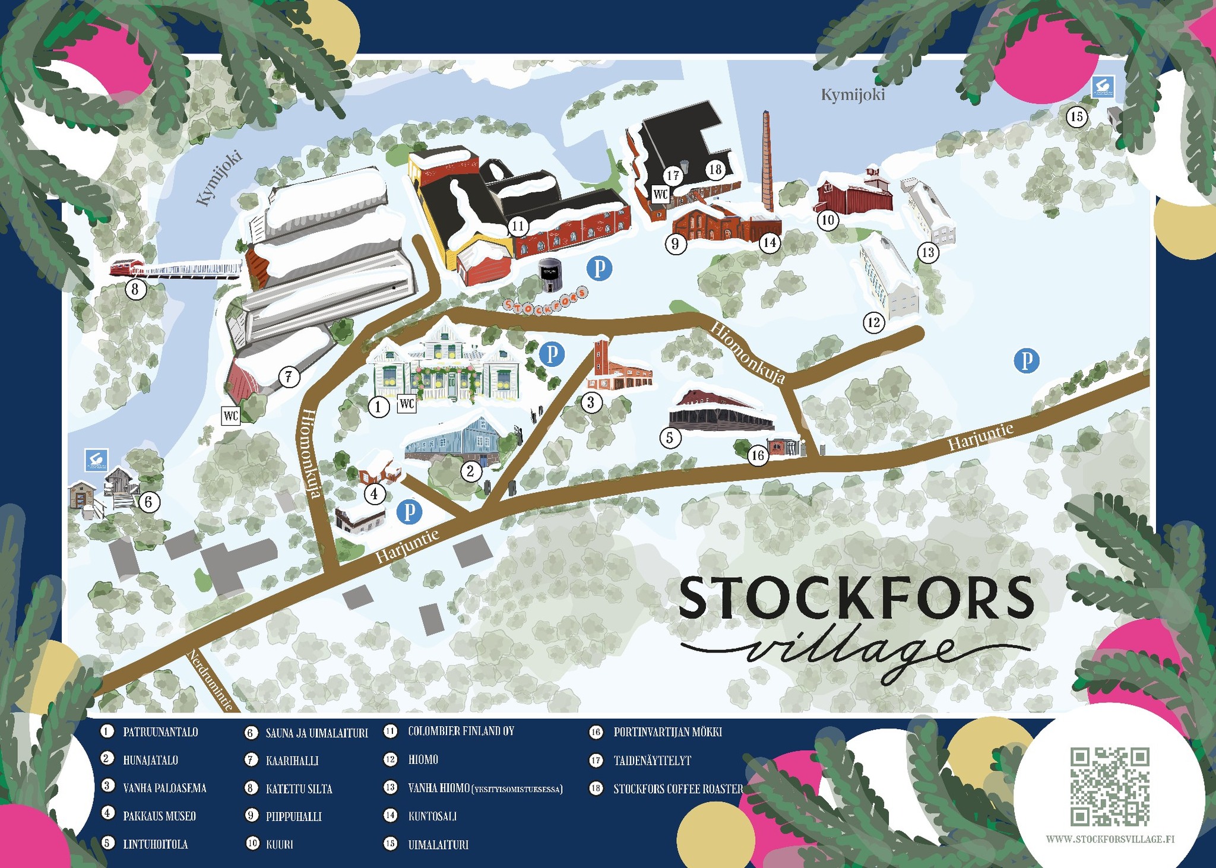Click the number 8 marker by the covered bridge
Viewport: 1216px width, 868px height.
pos(135,290)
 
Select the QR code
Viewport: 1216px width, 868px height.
pos(1110,786)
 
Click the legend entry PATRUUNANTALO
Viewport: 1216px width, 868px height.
pos(160,732)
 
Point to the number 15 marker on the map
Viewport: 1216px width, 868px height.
pos(1076,117)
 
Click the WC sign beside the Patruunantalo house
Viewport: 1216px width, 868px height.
pos(407,404)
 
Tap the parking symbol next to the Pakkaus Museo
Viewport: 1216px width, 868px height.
pos(409,511)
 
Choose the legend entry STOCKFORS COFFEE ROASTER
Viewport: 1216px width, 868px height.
pos(678,789)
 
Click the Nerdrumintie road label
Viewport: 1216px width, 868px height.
pos(210,680)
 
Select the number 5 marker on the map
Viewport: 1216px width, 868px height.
pos(670,438)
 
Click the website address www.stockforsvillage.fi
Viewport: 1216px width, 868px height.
pos(1110,840)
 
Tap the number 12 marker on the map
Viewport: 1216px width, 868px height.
pos(873,323)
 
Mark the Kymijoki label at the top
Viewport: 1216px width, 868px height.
pos(853,94)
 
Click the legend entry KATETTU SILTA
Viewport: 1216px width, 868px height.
pos(299,789)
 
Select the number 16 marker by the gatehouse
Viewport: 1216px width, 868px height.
pos(758,455)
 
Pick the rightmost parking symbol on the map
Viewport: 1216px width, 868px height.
pos(1026,360)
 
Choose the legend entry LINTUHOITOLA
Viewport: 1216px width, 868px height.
pos(155,844)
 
